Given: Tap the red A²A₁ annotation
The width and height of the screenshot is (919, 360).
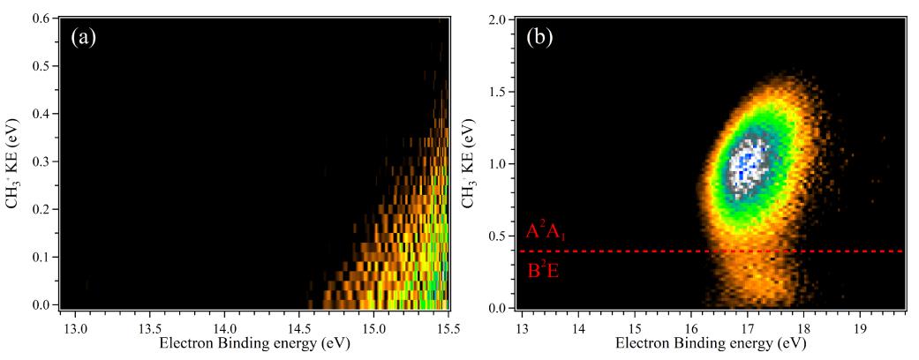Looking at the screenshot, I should (x=546, y=232).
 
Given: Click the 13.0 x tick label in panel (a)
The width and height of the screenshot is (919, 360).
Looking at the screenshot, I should (x=74, y=324).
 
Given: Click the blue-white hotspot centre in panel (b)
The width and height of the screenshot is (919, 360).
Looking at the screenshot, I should (x=747, y=164).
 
